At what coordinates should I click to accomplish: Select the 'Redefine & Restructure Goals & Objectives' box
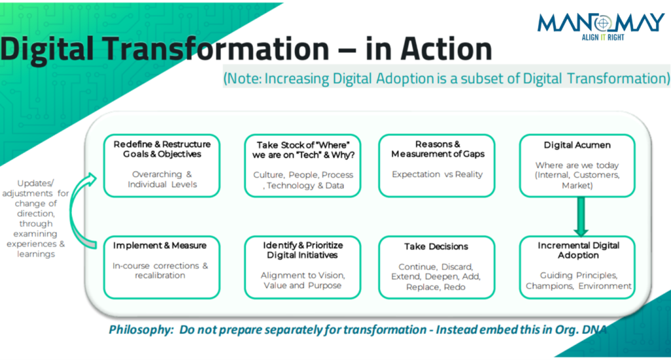(x=162, y=166)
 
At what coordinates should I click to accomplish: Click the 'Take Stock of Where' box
(x=303, y=166)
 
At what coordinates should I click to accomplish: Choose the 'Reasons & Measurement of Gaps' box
(x=437, y=166)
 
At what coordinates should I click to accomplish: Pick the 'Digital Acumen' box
(x=577, y=166)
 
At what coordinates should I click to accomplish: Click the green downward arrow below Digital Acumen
(x=580, y=216)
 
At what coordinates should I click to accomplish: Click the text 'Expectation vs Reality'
(x=437, y=174)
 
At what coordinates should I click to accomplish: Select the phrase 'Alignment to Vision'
(x=303, y=275)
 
